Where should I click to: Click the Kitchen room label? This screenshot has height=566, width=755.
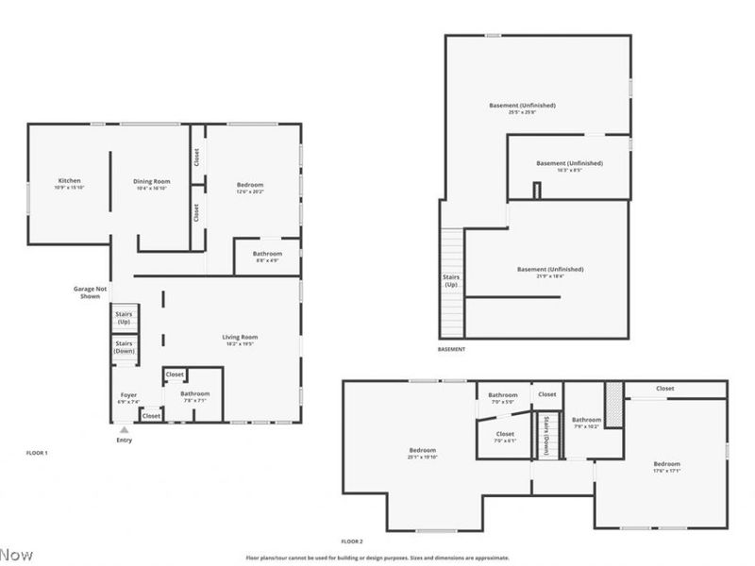tap(69, 184)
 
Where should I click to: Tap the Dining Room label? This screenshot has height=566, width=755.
tap(151, 184)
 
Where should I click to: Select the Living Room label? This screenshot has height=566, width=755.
tap(241, 340)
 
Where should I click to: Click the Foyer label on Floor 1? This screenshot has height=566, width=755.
tap(128, 397)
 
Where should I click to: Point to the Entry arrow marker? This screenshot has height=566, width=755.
tap(124, 430)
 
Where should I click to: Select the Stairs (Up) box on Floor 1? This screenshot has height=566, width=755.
tap(125, 318)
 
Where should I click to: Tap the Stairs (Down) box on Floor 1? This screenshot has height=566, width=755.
tap(125, 348)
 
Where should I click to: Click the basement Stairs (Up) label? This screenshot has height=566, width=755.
tap(451, 280)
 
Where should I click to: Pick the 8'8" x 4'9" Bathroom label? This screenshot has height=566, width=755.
tap(267, 256)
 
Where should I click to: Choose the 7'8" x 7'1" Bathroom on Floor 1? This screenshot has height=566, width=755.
tap(195, 396)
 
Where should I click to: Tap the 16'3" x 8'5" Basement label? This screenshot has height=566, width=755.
tap(569, 166)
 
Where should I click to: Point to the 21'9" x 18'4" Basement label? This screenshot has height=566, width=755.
tap(550, 272)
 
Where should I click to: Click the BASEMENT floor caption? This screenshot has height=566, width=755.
tap(451, 349)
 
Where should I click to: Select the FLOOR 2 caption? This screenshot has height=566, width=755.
tap(351, 541)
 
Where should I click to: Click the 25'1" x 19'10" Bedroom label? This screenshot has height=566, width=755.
tap(422, 453)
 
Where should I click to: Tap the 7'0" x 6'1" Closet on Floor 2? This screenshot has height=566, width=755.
tap(505, 437)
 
